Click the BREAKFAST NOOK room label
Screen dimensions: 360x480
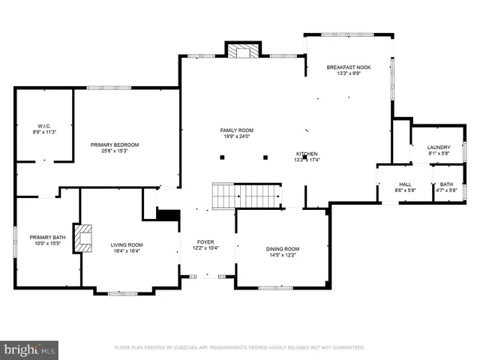349,67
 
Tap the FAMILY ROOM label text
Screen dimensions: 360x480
235,130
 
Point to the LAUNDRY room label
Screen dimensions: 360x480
439,147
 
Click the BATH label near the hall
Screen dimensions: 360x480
447,184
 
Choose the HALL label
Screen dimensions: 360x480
405,184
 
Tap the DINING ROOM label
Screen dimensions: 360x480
283,249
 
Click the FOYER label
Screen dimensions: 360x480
205,241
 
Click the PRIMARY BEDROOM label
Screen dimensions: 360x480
115,145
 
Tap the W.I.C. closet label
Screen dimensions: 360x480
44,125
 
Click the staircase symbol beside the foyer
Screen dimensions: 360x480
247,196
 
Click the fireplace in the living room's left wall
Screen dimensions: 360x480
84,238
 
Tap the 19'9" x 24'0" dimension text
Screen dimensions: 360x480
235,136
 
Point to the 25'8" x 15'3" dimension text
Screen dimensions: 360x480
115,151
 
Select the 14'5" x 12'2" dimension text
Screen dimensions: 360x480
283,256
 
